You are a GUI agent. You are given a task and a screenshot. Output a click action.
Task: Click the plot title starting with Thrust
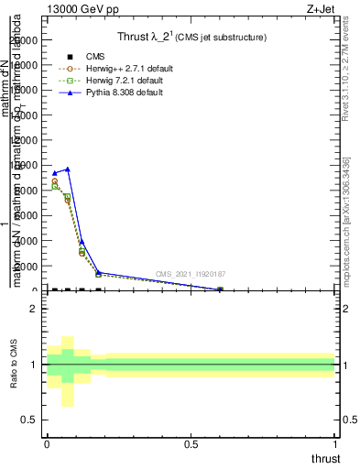(x=191, y=38)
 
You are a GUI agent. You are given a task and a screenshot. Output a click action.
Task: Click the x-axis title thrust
(x=326, y=458)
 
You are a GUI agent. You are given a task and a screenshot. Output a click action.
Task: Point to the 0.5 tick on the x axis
(x=191, y=443)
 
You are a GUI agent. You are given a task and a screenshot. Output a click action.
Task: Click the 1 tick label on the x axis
(x=335, y=443)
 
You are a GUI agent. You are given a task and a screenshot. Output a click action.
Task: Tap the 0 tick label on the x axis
(x=47, y=443)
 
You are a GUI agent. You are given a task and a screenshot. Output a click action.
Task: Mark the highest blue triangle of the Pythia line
(x=68, y=169)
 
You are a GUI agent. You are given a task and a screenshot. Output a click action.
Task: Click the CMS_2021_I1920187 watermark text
(x=191, y=274)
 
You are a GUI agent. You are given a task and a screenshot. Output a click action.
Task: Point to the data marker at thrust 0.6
(x=220, y=289)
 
